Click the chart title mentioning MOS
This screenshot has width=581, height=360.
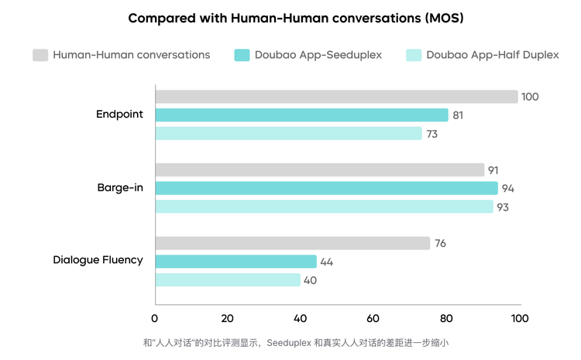click(x=290, y=17)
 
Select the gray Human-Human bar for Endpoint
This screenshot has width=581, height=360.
click(x=336, y=97)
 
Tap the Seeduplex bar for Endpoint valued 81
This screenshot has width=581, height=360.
click(x=302, y=115)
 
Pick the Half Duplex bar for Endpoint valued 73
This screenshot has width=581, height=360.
click(x=288, y=133)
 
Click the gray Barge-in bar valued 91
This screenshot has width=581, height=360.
click(x=320, y=170)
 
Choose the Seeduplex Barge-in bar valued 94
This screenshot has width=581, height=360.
click(x=326, y=188)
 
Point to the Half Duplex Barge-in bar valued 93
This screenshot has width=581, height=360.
click(x=324, y=207)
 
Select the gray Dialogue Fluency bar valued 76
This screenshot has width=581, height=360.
click(x=293, y=243)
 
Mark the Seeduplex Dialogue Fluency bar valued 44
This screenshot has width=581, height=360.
click(x=235, y=262)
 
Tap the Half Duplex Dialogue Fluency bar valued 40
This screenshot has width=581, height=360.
click(x=228, y=279)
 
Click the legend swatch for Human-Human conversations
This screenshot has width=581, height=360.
click(x=40, y=55)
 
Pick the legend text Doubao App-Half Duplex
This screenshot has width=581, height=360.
click(x=492, y=55)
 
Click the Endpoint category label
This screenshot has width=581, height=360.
click(x=119, y=115)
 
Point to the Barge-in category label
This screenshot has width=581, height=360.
click(x=120, y=188)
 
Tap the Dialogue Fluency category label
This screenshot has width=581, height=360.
click(x=98, y=260)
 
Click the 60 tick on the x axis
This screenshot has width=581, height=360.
click(x=373, y=318)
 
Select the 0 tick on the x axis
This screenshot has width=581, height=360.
click(x=155, y=318)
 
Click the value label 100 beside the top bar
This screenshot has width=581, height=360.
click(x=530, y=97)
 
